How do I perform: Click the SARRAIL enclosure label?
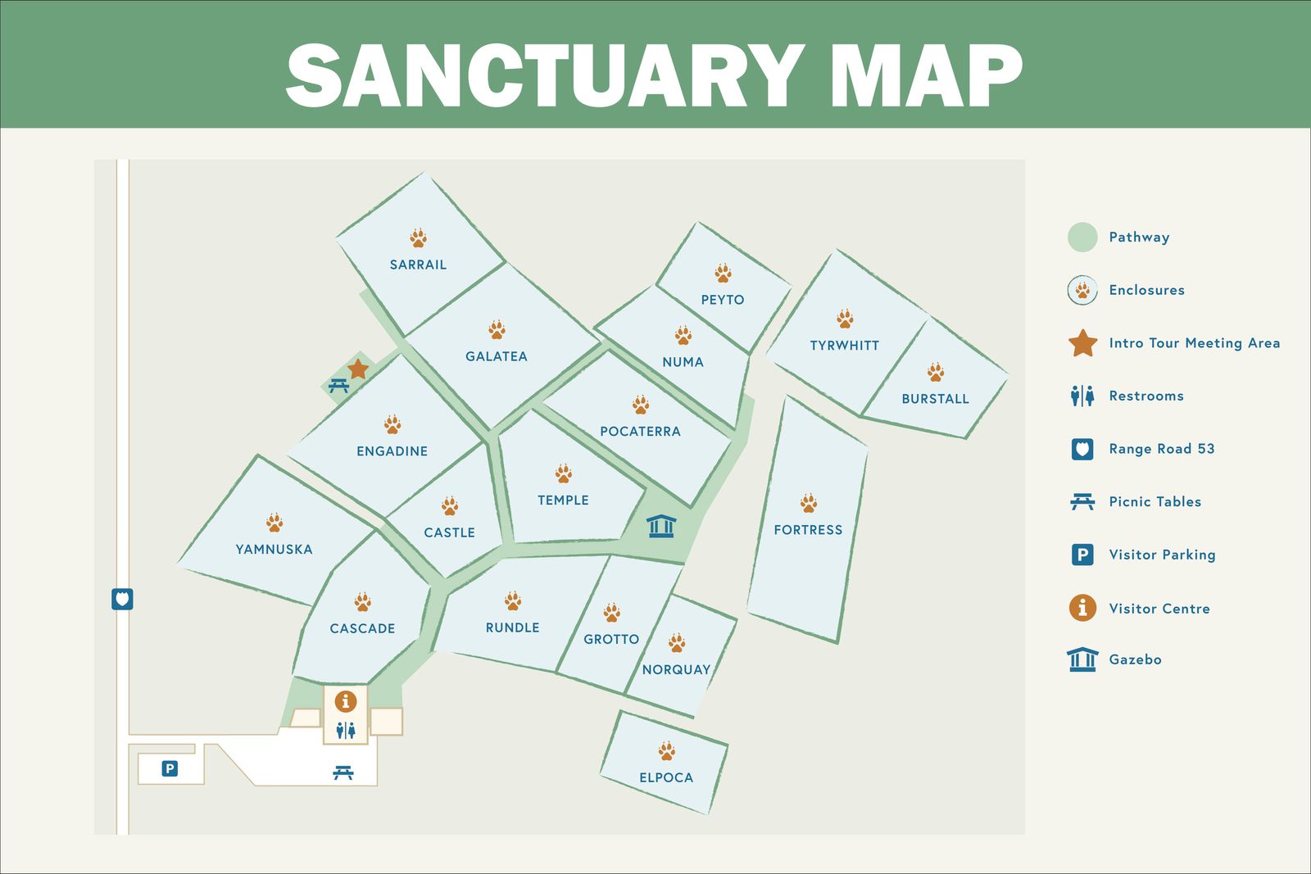(x=418, y=265)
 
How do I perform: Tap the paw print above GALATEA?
(x=497, y=329)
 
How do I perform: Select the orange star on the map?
(x=358, y=369)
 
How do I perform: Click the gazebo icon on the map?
(x=660, y=526)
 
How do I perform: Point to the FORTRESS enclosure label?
(x=808, y=530)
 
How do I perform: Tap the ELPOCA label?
(x=666, y=777)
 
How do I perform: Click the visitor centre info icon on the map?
(x=346, y=701)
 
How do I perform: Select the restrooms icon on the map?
(x=346, y=730)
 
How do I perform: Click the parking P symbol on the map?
(x=170, y=768)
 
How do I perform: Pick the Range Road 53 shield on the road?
(x=122, y=599)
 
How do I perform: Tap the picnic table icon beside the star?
(x=338, y=385)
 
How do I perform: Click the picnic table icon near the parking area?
(x=343, y=772)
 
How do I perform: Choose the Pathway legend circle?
(x=1082, y=237)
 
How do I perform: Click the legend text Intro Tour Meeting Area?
(x=1194, y=343)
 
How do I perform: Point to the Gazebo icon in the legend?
(x=1082, y=659)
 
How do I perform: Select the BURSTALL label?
(x=935, y=399)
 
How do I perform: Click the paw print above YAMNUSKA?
(x=274, y=522)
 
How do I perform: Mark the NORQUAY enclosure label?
(x=676, y=669)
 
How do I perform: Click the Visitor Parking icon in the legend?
(x=1082, y=555)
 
